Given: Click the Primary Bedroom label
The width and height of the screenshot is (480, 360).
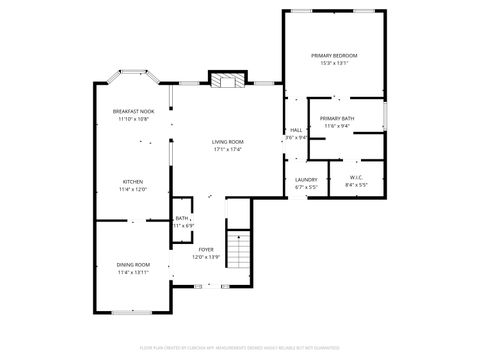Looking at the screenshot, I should tap(334, 55).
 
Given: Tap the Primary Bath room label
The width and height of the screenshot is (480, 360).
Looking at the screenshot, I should tap(337, 119).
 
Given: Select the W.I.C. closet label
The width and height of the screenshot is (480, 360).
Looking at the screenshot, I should tap(356, 178).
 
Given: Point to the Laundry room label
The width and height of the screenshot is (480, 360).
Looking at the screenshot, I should tap(306, 180).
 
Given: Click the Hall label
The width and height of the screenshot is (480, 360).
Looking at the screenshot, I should tap(296, 131).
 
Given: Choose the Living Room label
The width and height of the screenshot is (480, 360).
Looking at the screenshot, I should tap(227, 142).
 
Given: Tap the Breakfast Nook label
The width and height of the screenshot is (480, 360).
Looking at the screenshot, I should tap(133, 112).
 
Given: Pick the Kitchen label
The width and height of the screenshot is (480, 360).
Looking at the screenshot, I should tap(133, 182).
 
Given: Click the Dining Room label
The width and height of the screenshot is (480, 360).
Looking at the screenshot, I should tap(133, 265).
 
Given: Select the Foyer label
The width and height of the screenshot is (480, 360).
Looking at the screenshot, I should tap(206, 250).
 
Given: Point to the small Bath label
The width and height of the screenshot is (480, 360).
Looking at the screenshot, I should tap(182, 218).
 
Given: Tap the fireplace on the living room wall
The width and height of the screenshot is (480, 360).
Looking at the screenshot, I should tap(226, 79).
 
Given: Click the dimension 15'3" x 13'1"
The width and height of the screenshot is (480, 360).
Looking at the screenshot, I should tap(334, 63).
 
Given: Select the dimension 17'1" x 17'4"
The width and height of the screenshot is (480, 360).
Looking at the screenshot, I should tap(227, 150).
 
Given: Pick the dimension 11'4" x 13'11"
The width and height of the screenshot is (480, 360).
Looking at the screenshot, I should tap(133, 272).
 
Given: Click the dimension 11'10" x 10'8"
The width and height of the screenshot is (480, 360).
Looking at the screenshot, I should tap(133, 119).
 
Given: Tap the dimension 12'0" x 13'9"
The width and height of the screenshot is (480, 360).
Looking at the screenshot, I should tap(206, 257).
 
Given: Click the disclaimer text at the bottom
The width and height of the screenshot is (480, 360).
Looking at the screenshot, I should tap(239, 350).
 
